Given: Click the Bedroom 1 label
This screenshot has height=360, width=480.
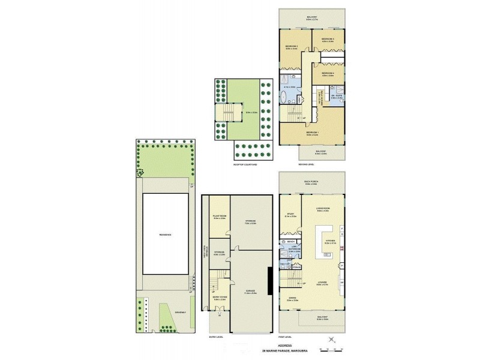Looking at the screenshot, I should click(x=312, y=132).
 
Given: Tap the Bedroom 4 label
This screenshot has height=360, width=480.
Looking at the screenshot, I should click(x=328, y=74).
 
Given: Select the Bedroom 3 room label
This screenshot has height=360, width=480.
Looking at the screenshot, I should click(x=328, y=39).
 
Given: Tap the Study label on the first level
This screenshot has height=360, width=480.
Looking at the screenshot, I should click(x=289, y=213).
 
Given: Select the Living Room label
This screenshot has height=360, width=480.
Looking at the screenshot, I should click(x=324, y=208).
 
